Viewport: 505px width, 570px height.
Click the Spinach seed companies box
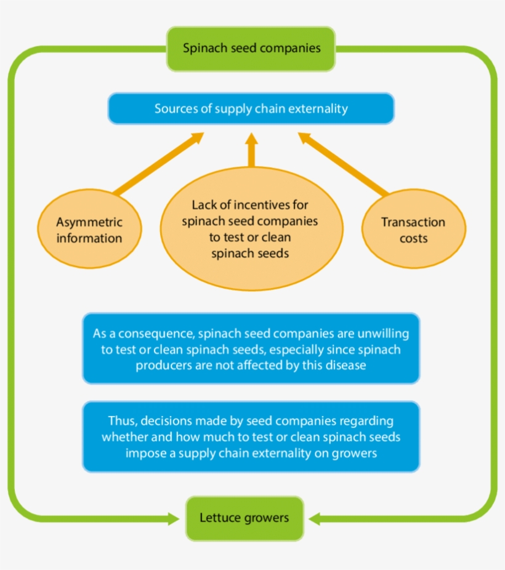click(x=251, y=49)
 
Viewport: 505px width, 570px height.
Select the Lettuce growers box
click(x=244, y=518)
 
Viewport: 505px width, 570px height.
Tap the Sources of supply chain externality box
click(x=251, y=109)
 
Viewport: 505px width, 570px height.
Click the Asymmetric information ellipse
click(x=89, y=230)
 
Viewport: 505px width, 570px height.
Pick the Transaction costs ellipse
click(x=413, y=230)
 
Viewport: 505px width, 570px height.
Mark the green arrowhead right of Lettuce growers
click(x=316, y=518)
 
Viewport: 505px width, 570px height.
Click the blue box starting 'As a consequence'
click(x=251, y=349)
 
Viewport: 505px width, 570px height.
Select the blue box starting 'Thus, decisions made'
click(x=251, y=437)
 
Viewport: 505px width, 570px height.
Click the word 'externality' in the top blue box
click(x=316, y=109)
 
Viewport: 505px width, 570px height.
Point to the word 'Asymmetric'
click(x=89, y=222)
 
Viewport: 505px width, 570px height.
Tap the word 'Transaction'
click(x=413, y=222)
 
